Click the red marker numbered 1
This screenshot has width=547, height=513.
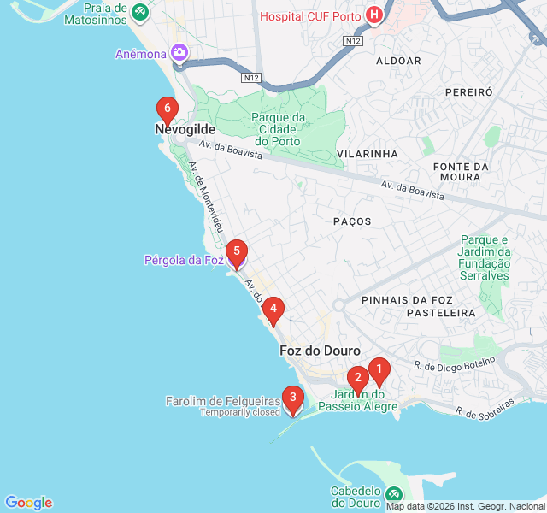[379, 370]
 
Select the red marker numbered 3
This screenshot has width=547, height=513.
[293, 398]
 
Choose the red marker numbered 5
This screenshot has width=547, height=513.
[236, 252]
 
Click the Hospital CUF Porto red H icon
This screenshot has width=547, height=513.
[373, 15]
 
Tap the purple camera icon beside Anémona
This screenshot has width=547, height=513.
[179, 53]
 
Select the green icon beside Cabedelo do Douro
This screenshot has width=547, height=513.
[393, 494]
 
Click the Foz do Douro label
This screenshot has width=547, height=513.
[320, 351]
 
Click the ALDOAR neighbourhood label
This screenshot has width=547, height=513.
[398, 61]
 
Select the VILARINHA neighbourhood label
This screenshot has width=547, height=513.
[368, 153]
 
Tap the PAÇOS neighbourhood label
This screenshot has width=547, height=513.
[352, 221]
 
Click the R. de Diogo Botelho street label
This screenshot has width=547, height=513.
[454, 363]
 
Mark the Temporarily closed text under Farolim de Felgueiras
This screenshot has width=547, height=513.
[240, 412]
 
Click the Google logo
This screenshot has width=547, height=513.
[28, 503]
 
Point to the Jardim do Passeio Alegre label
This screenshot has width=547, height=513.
[357, 400]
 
